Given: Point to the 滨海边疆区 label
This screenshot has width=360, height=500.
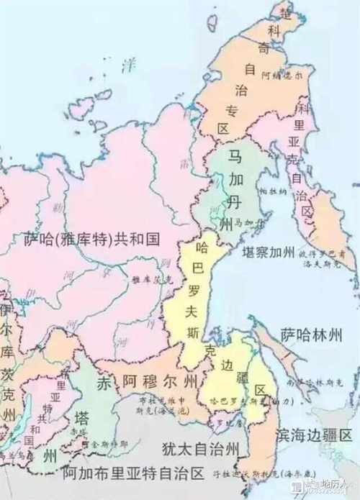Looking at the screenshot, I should click(315, 436).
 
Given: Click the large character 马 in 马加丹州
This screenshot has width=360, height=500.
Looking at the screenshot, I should click(235, 157).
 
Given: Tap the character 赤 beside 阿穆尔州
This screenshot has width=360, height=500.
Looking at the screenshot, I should click(105, 382).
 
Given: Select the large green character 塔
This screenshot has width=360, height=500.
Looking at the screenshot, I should click(81, 418).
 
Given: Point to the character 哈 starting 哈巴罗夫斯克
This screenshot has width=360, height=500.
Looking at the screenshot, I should click(202, 248).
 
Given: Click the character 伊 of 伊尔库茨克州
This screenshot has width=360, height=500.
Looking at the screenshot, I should click(6, 310).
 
